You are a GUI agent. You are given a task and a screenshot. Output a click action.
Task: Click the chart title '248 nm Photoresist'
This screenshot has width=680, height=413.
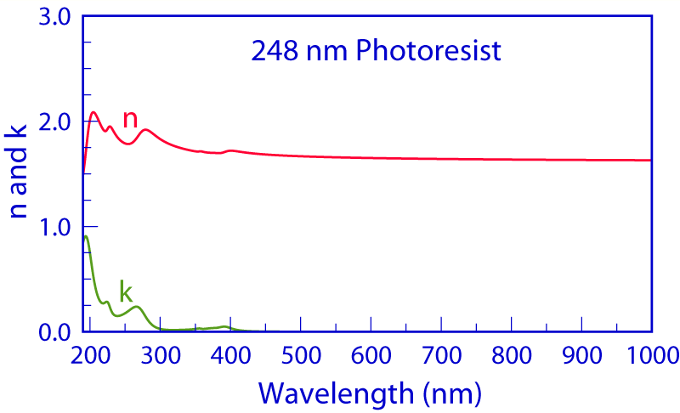pos(376,52)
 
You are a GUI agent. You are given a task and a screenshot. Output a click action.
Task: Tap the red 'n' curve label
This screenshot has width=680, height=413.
pos(130,120)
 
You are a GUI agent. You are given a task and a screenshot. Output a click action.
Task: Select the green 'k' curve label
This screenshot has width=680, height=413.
pos(126,291)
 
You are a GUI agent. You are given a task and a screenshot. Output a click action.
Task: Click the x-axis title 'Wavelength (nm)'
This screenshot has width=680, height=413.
pos(370,392)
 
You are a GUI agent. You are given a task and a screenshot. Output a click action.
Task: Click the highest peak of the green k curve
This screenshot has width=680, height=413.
pos(87,236)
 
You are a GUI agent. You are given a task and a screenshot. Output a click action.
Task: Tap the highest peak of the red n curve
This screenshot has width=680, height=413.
pos(93,112)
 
